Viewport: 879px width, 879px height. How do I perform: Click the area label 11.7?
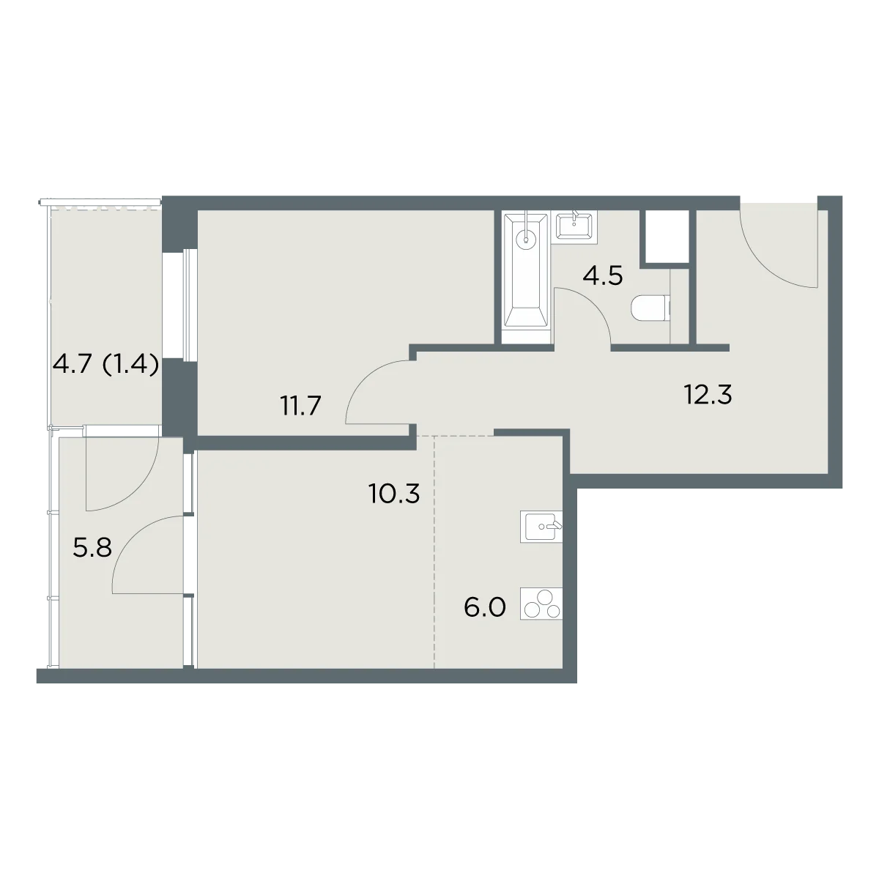tap(302, 406)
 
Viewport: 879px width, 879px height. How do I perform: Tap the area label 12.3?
tap(708, 395)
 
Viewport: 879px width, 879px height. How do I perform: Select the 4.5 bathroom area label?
tap(603, 275)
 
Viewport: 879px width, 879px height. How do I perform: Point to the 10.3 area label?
tap(395, 493)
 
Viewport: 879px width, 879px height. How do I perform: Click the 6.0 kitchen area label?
tap(485, 607)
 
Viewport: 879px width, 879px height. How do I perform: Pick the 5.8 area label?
tap(92, 547)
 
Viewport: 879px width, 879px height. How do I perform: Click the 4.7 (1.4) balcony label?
tap(106, 365)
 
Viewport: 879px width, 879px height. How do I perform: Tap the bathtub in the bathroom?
tap(527, 278)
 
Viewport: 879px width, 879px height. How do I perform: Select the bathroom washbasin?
tap(574, 226)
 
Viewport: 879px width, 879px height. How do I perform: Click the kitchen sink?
tap(541, 527)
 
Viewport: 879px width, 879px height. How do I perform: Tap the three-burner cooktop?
tap(541, 604)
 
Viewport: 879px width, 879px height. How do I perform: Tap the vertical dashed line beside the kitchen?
tap(434, 552)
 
